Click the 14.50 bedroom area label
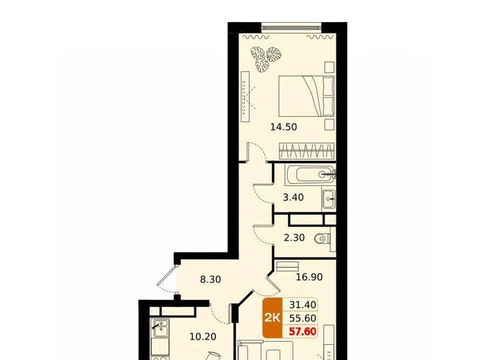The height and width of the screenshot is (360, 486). click(283, 127)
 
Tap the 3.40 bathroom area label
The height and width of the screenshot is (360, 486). click(293, 197)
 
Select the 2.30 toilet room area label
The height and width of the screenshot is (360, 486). click(294, 238)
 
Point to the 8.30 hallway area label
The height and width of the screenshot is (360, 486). click(210, 279)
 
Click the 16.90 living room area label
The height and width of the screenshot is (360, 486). click(309, 276)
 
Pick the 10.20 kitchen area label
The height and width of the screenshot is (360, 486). click(203, 336)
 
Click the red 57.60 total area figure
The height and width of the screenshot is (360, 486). click(302, 331)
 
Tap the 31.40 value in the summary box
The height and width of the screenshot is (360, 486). click(302, 305)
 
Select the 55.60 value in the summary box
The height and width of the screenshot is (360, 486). click(302, 318)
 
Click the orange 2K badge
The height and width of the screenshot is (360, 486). click(273, 318)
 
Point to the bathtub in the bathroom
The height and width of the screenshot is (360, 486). click(311, 175)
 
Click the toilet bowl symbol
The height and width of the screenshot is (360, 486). click(322, 239)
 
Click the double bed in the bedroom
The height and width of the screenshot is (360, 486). click(307, 96)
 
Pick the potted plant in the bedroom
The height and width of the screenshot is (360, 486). click(266, 59)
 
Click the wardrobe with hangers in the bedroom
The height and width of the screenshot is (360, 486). click(307, 151)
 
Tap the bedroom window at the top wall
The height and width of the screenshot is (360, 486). click(292, 27)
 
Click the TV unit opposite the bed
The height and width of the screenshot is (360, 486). click(245, 97)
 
